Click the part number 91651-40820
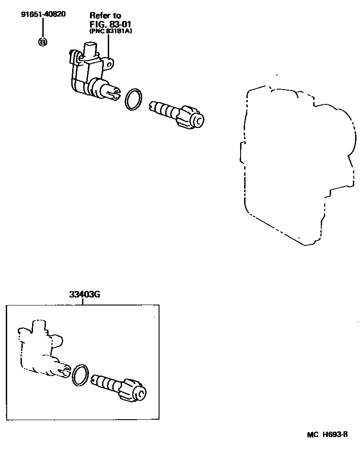pyautogui.click(x=43, y=14)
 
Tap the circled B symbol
pyautogui.click(x=43, y=42)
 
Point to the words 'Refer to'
pyautogui.click(x=105, y=16)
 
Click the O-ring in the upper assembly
pyautogui.click(x=133, y=99)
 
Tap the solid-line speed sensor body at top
pyautogui.click(x=89, y=71)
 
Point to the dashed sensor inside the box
pyautogui.click(x=40, y=350)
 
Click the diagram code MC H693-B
pyautogui.click(x=327, y=435)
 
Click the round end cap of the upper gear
pyautogui.click(x=197, y=120)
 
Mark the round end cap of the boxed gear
pyautogui.click(x=140, y=393)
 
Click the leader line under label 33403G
pyautogui.click(x=82, y=302)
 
